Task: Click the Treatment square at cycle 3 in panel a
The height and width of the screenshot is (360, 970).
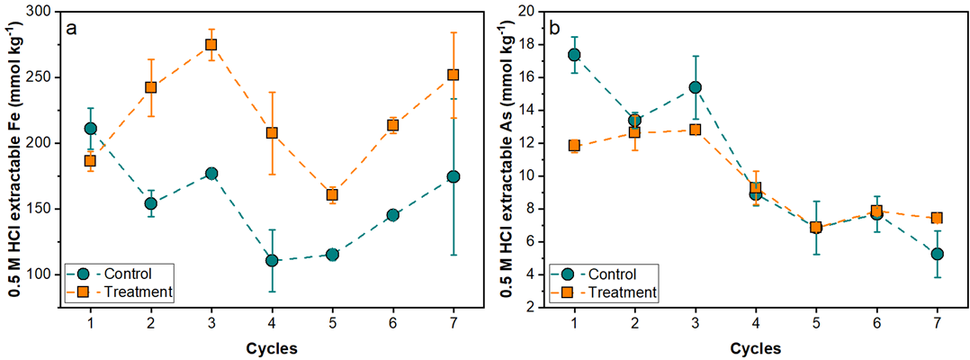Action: point(211,44)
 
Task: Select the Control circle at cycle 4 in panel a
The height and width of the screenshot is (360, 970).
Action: point(272,260)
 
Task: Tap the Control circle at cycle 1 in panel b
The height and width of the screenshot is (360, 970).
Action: point(574,55)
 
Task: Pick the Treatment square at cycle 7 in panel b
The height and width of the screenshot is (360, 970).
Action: point(937,218)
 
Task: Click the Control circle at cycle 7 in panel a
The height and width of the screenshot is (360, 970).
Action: point(454,176)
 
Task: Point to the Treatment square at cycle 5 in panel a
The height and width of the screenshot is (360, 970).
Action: point(332,194)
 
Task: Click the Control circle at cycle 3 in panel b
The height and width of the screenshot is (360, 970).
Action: point(695,87)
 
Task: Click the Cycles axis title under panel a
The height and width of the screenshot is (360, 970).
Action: point(271,347)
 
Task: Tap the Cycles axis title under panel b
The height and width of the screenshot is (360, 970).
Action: point(755,347)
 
